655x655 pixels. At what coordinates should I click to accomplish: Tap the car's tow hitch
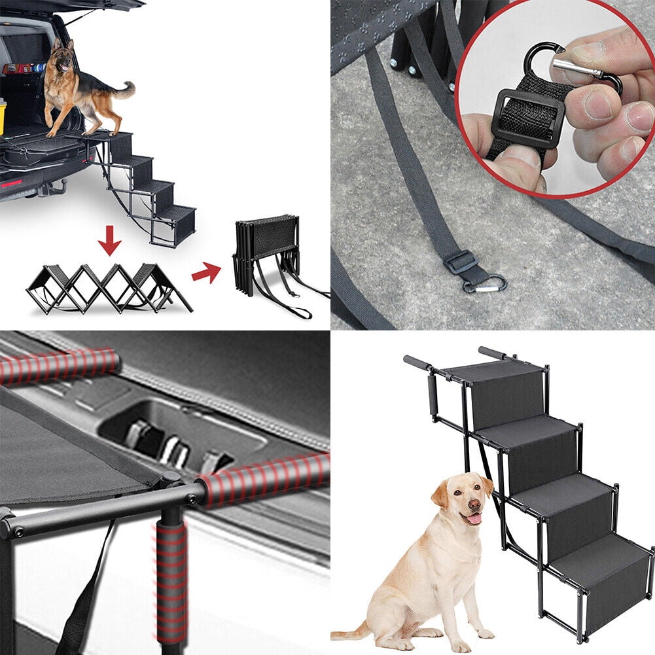pos(48,190)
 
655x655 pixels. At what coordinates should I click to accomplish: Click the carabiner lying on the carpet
pos(486,284)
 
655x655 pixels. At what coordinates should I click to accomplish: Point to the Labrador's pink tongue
pos(472,519)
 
